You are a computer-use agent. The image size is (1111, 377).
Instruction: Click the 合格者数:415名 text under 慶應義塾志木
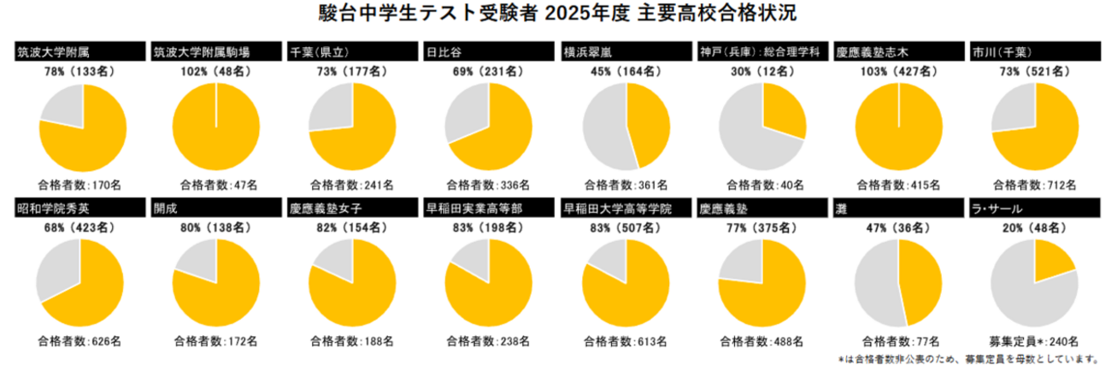[898, 184]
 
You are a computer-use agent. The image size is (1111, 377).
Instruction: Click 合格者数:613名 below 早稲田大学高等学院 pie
[625, 341]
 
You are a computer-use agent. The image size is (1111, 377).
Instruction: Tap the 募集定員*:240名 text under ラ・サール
[1035, 341]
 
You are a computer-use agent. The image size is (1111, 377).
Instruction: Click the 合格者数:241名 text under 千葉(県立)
[351, 184]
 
